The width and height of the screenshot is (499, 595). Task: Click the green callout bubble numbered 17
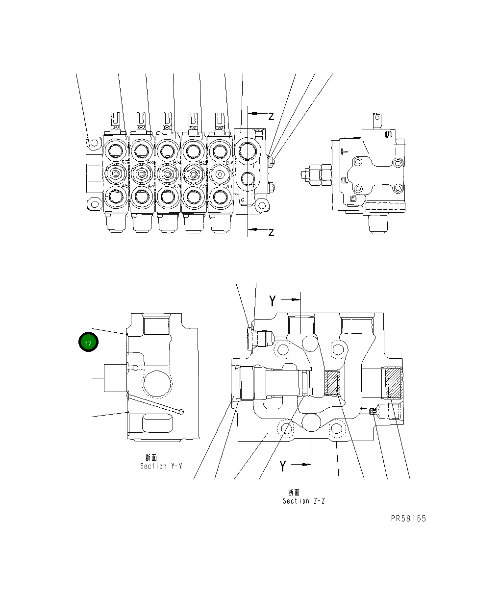point(88,343)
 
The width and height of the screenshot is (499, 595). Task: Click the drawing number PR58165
point(408,519)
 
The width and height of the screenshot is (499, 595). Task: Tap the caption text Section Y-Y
point(161,466)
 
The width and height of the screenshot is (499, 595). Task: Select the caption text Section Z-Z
point(303,501)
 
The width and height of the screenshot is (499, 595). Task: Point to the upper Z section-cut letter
point(271,116)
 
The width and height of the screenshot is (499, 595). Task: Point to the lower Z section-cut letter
point(271,232)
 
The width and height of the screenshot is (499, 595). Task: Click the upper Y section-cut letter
point(273,300)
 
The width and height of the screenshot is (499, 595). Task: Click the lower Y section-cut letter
point(282,466)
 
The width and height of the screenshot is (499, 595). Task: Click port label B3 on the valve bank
point(176,162)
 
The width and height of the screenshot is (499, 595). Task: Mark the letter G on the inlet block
point(242,199)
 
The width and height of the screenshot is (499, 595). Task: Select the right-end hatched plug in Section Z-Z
point(394,383)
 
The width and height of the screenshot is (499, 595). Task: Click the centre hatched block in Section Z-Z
point(333,383)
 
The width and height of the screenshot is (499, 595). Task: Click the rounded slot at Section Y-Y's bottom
point(157,423)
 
